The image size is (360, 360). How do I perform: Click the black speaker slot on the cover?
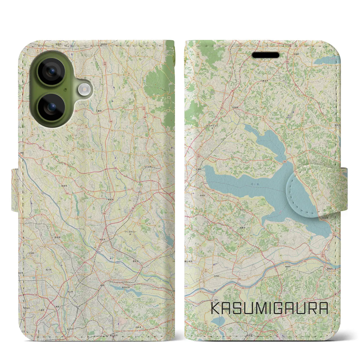click(265, 55)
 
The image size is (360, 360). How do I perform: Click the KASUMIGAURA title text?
click(269, 308)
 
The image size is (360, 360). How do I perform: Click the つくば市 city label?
click(148, 167)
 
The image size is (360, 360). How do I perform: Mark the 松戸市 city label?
click(70, 329)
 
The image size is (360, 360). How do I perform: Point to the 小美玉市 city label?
click(264, 80)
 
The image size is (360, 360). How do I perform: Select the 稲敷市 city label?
click(242, 228)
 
